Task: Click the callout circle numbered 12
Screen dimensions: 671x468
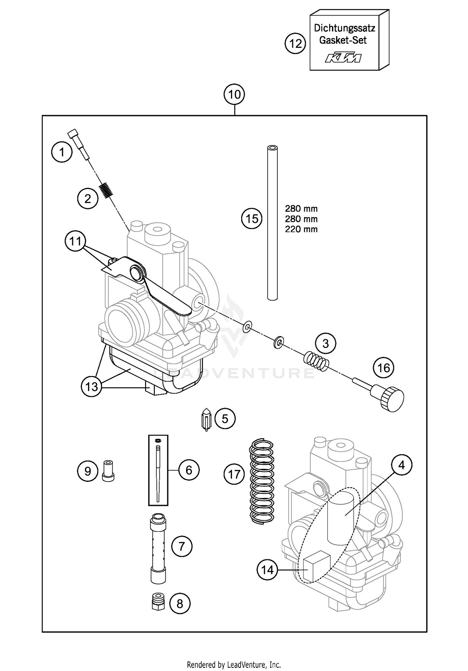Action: pyautogui.click(x=295, y=43)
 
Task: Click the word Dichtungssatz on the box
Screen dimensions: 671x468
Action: pyautogui.click(x=344, y=28)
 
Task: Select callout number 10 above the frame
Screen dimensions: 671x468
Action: pyautogui.click(x=234, y=94)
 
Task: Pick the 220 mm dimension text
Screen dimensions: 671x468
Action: pyautogui.click(x=301, y=229)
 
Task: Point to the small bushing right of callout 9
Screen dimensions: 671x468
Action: pyautogui.click(x=108, y=471)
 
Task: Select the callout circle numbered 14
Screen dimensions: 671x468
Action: pyautogui.click(x=267, y=570)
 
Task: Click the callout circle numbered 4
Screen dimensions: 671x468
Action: pyautogui.click(x=401, y=465)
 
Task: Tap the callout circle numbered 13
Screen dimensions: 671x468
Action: pyautogui.click(x=91, y=387)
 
